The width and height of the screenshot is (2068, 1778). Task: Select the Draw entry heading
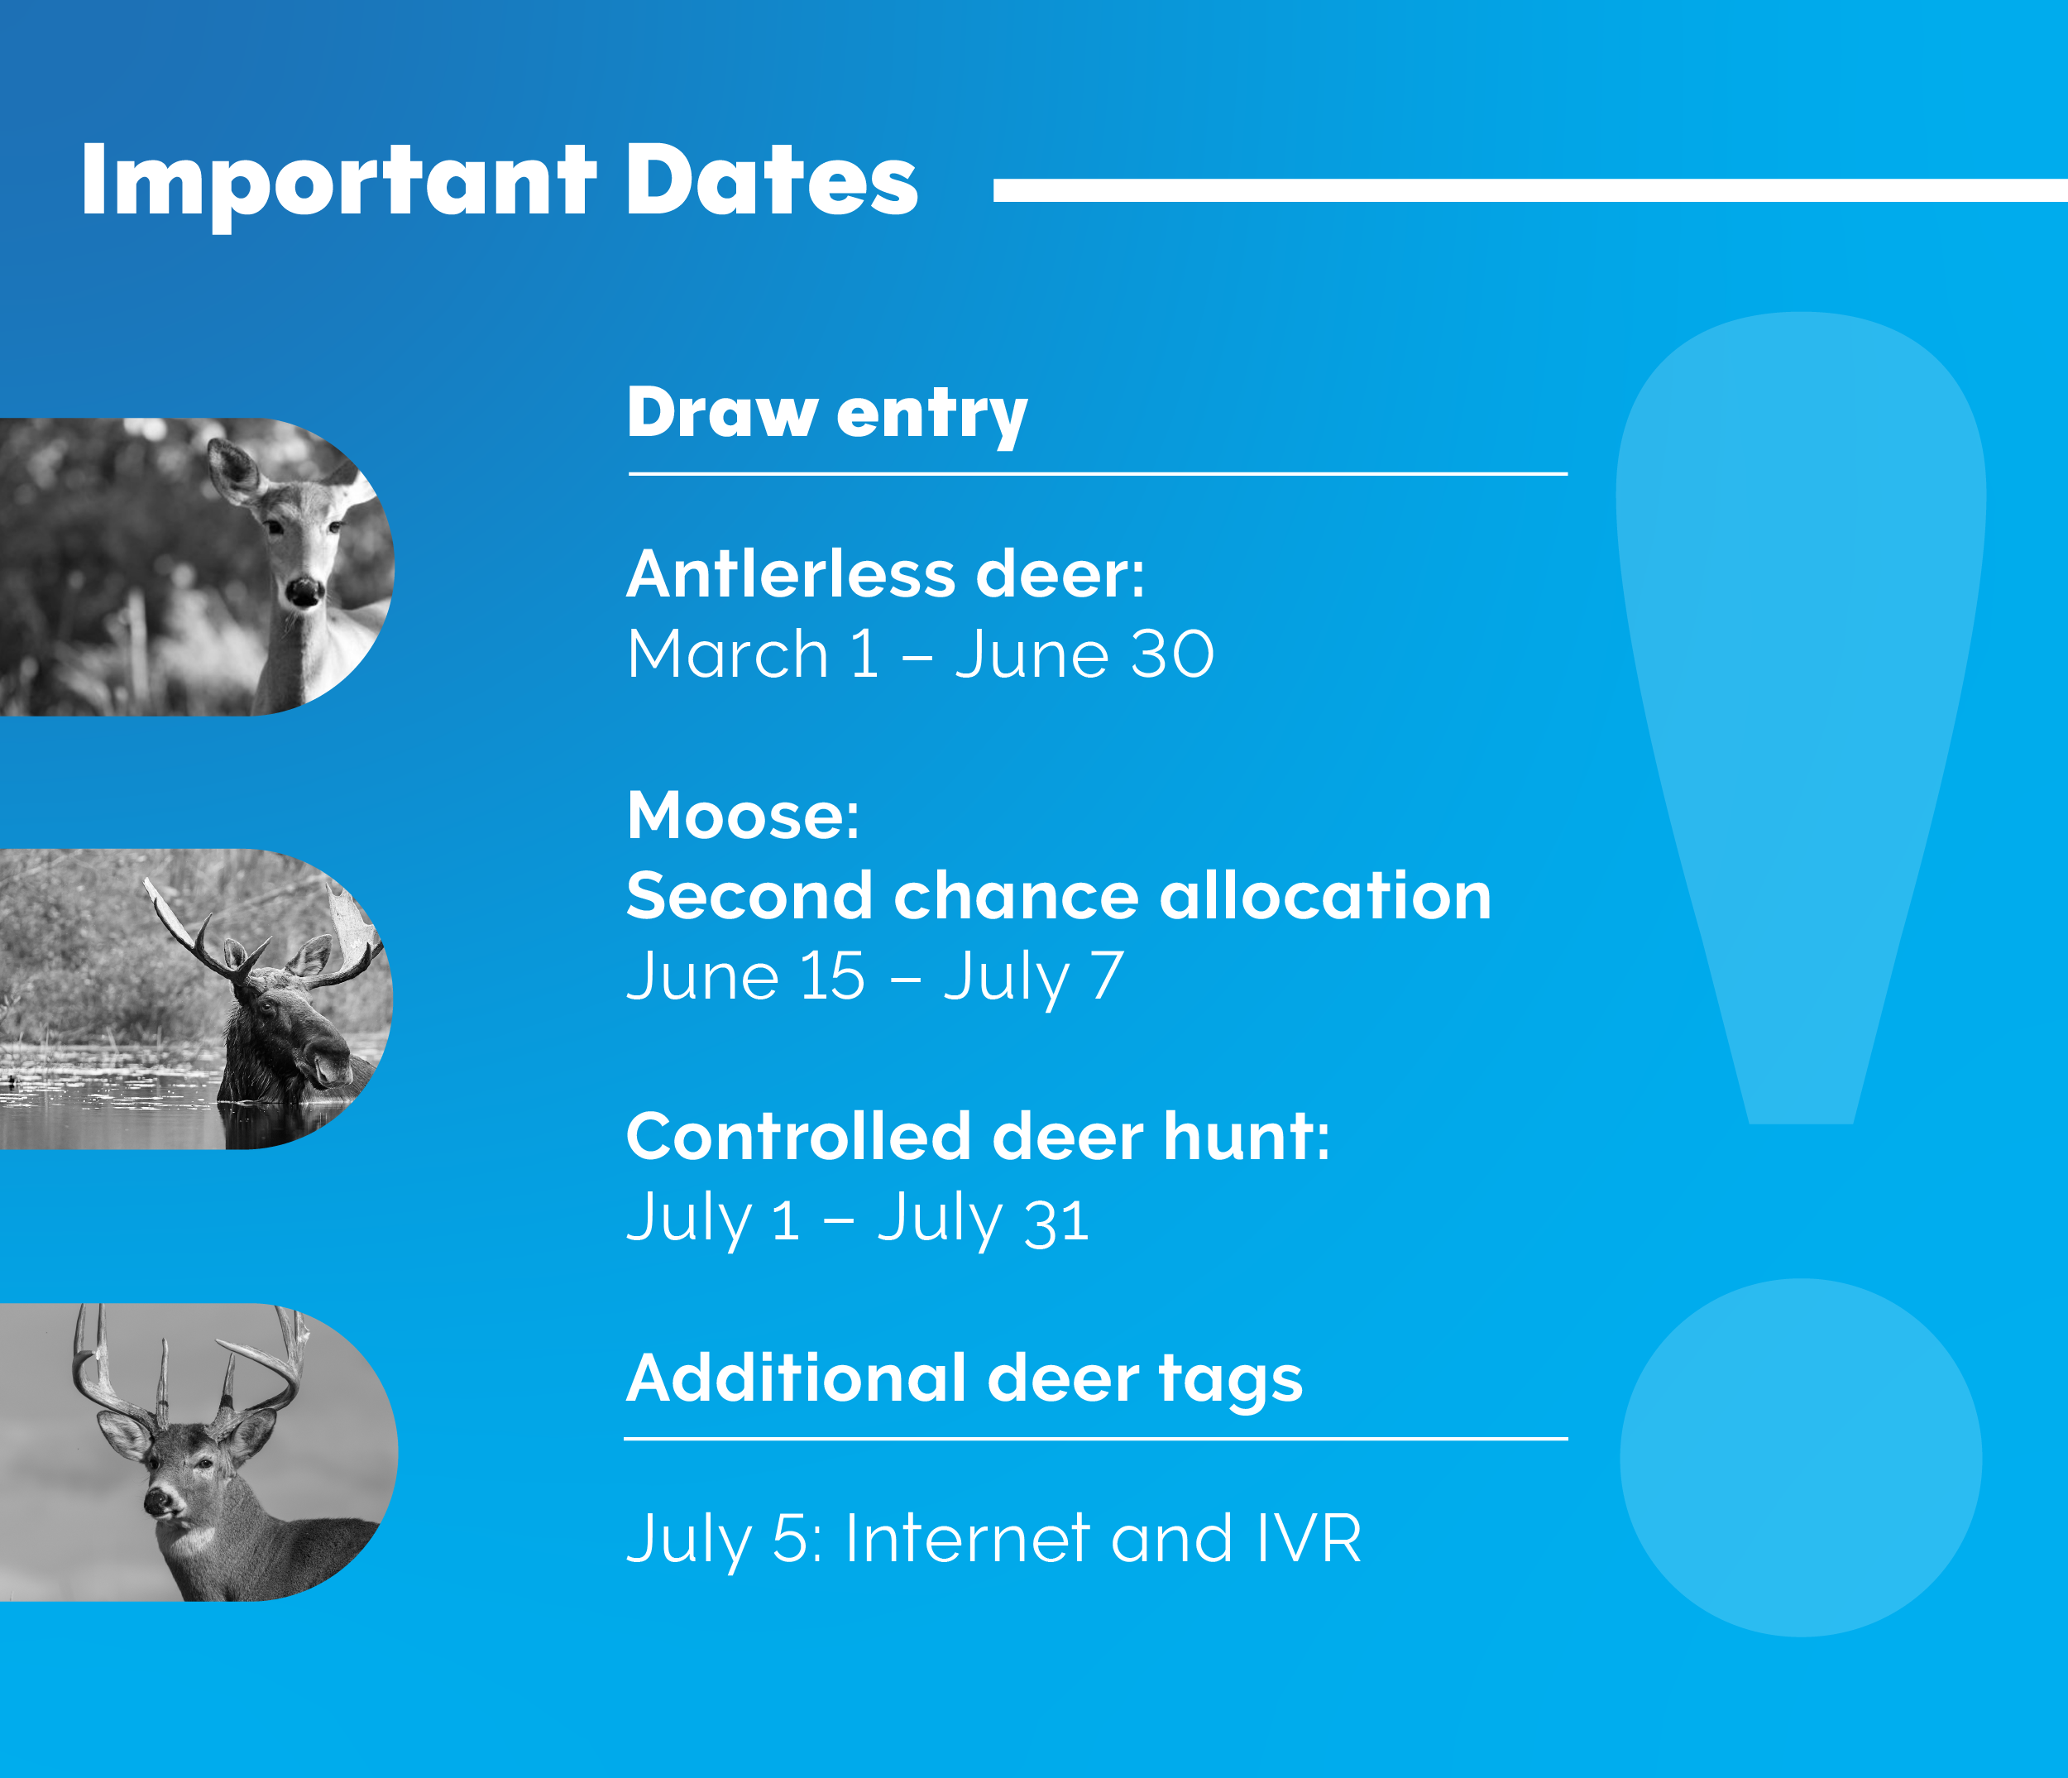[x=826, y=415]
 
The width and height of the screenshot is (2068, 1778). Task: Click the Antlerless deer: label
[x=885, y=574]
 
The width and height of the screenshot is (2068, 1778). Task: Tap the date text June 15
[x=745, y=975]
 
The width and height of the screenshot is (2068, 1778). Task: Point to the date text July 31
[x=983, y=1219]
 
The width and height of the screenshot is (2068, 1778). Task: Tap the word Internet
[x=967, y=1538]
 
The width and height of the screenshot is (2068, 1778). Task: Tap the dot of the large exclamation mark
[x=1801, y=1458]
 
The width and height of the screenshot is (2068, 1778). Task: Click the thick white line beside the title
[x=1530, y=190]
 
